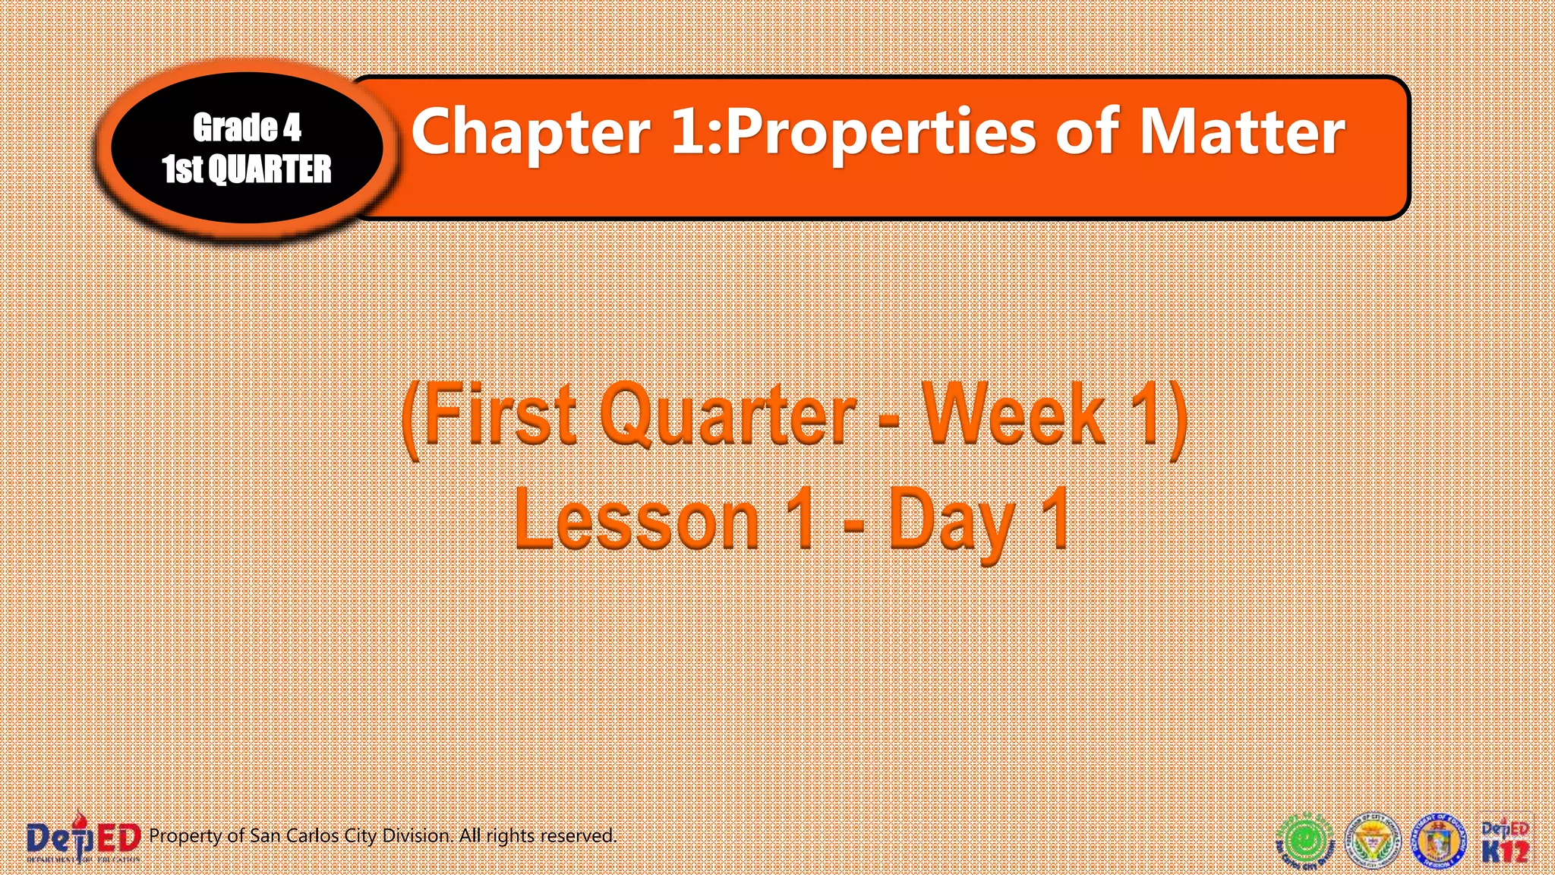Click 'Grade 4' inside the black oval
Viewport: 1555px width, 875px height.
(x=247, y=128)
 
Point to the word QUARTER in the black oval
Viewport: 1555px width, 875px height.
(x=270, y=169)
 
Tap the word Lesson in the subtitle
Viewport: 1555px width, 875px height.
(x=636, y=520)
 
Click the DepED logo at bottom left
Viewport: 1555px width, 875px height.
(x=84, y=839)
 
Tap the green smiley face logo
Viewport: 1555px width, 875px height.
(x=1304, y=842)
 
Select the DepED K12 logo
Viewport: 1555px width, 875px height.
(x=1505, y=842)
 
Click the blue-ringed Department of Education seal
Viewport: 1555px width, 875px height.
(x=1438, y=842)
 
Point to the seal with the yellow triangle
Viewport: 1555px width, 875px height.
(x=1373, y=842)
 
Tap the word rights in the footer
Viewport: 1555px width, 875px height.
(x=511, y=836)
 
